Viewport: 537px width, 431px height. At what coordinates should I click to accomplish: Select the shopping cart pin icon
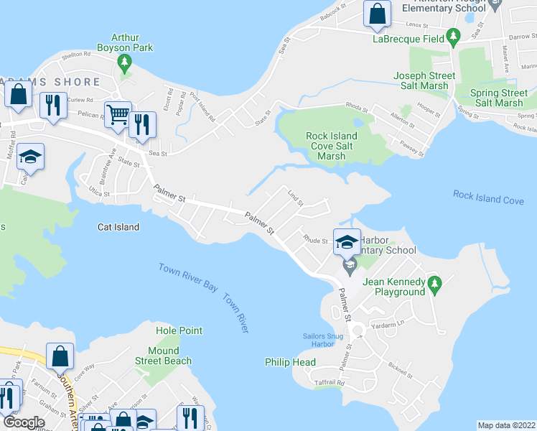click(118, 114)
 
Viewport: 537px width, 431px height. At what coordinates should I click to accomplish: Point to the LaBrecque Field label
click(407, 40)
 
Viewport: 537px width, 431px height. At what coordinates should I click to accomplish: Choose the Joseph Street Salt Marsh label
click(424, 80)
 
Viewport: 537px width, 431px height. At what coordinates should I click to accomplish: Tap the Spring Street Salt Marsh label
click(498, 98)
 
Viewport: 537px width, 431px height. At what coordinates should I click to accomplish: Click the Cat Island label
click(118, 227)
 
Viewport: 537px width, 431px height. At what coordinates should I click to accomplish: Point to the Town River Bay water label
click(188, 277)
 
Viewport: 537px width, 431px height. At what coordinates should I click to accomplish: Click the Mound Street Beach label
click(163, 356)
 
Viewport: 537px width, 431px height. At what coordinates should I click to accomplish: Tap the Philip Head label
click(290, 362)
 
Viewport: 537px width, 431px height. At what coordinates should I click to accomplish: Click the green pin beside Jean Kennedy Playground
click(434, 286)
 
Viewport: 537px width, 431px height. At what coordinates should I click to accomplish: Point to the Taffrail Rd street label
click(330, 384)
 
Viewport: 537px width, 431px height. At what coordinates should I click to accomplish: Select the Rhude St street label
click(315, 239)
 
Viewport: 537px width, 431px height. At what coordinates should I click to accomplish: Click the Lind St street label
click(296, 198)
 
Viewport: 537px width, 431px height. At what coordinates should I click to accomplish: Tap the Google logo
click(23, 422)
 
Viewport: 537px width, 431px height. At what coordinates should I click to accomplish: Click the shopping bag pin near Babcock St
click(376, 15)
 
